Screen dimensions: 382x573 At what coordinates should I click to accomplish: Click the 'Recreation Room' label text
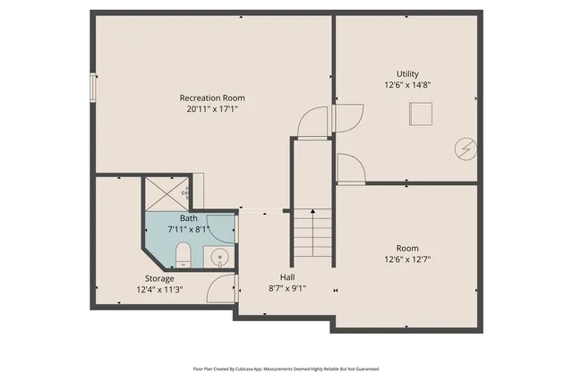pyautogui.click(x=212, y=98)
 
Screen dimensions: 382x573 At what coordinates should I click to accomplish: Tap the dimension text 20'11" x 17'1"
pyautogui.click(x=212, y=108)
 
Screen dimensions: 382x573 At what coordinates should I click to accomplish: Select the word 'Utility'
pyautogui.click(x=407, y=74)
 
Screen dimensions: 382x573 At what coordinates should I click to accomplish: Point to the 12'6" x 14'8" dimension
pyautogui.click(x=407, y=85)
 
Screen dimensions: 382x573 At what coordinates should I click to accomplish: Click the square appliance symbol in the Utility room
pyautogui.click(x=421, y=114)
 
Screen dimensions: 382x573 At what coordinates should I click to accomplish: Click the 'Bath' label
pyautogui.click(x=189, y=218)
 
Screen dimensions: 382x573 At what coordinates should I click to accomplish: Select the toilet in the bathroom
pyautogui.click(x=182, y=255)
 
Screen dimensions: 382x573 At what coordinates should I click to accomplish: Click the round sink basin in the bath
pyautogui.click(x=219, y=259)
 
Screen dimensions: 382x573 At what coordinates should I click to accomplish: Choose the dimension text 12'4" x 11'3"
pyautogui.click(x=160, y=289)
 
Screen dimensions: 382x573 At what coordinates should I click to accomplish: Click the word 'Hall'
pyautogui.click(x=287, y=277)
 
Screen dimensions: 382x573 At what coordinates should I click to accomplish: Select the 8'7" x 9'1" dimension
pyautogui.click(x=287, y=288)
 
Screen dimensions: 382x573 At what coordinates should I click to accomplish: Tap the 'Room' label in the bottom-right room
pyautogui.click(x=407, y=248)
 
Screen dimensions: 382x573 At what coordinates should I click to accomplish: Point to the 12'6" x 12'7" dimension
pyautogui.click(x=407, y=259)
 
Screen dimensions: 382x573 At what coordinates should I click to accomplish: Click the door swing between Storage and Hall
pyautogui.click(x=220, y=288)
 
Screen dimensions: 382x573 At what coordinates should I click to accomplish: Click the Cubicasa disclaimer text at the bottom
pyautogui.click(x=286, y=369)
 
